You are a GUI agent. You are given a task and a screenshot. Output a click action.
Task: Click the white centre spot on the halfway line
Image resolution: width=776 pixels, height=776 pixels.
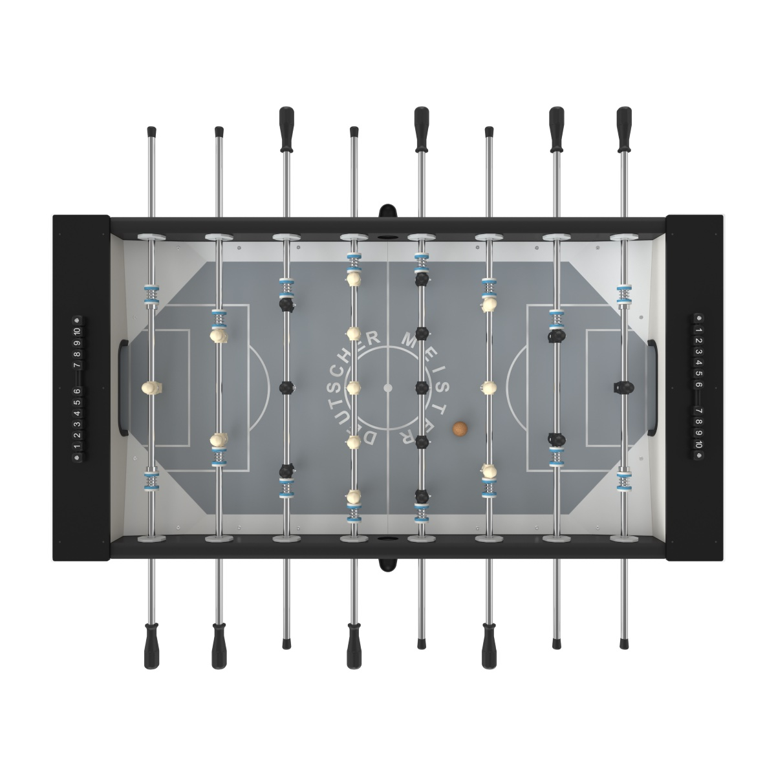(x=388, y=387)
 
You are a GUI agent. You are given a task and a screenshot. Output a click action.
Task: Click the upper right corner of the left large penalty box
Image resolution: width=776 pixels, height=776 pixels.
(x=248, y=305)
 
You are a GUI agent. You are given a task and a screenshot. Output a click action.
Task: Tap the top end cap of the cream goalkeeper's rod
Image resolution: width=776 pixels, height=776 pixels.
(x=151, y=132)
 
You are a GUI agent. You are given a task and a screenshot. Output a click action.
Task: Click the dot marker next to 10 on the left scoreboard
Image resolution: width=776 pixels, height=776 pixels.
(x=77, y=319)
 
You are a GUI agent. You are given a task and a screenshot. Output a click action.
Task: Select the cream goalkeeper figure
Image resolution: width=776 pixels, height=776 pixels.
(x=151, y=387)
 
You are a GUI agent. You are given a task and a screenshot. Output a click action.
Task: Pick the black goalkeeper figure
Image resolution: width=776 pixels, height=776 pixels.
(x=623, y=387)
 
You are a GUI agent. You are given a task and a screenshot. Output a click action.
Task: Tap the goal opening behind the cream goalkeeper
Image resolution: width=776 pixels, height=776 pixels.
(x=124, y=387)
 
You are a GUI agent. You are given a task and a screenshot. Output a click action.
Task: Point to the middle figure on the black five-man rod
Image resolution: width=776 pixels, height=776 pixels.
(x=421, y=387)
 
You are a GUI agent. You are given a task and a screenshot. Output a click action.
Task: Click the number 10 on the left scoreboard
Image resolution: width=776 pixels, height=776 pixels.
(x=77, y=332)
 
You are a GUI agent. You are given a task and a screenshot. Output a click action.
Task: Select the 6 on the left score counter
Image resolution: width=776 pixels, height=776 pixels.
(x=77, y=391)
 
